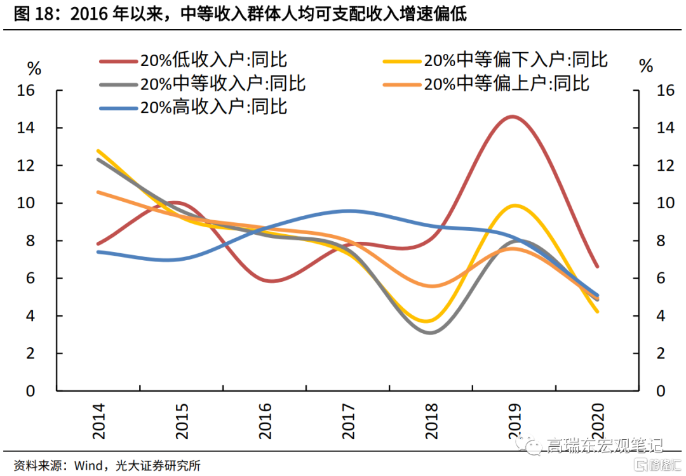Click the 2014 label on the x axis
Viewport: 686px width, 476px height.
99,420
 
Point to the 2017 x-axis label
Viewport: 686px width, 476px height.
348,420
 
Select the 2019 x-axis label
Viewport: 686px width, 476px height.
514,420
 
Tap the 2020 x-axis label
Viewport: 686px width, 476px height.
597,420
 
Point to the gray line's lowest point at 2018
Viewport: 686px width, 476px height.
431,333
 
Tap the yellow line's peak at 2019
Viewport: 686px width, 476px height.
514,206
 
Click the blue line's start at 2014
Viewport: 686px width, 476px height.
99,252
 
